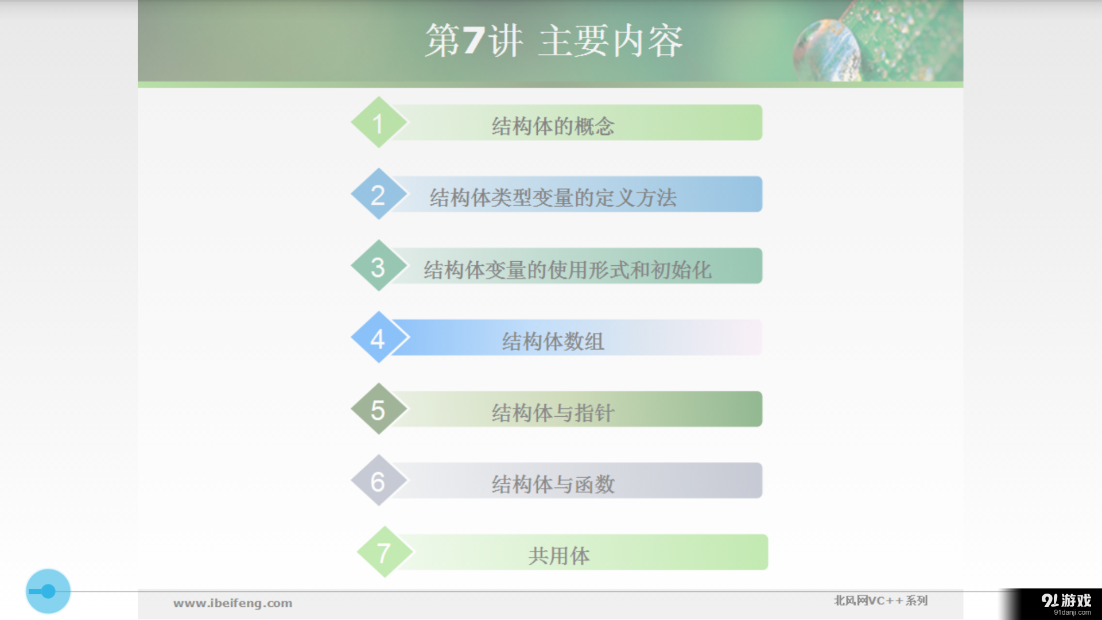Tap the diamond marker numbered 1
pyautogui.click(x=378, y=123)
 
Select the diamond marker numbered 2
pyautogui.click(x=378, y=195)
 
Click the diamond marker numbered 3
pyautogui.click(x=378, y=266)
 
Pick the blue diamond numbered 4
pyautogui.click(x=378, y=338)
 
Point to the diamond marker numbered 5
pyautogui.click(x=378, y=409)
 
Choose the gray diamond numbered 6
pyautogui.click(x=378, y=481)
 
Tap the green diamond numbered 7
pyautogui.click(x=384, y=552)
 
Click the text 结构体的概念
pyautogui.click(x=553, y=126)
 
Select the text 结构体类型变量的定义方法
pyautogui.click(x=553, y=198)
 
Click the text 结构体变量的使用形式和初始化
pyautogui.click(x=567, y=270)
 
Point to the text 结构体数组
pyautogui.click(x=553, y=342)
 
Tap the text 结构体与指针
pyautogui.click(x=553, y=413)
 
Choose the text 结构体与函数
pyautogui.click(x=553, y=485)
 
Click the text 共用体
pyautogui.click(x=558, y=556)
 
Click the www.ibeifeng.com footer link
pyautogui.click(x=232, y=603)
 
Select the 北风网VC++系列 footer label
pyautogui.click(x=880, y=600)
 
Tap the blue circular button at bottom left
pyautogui.click(x=48, y=591)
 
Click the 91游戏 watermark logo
pyautogui.click(x=1066, y=603)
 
